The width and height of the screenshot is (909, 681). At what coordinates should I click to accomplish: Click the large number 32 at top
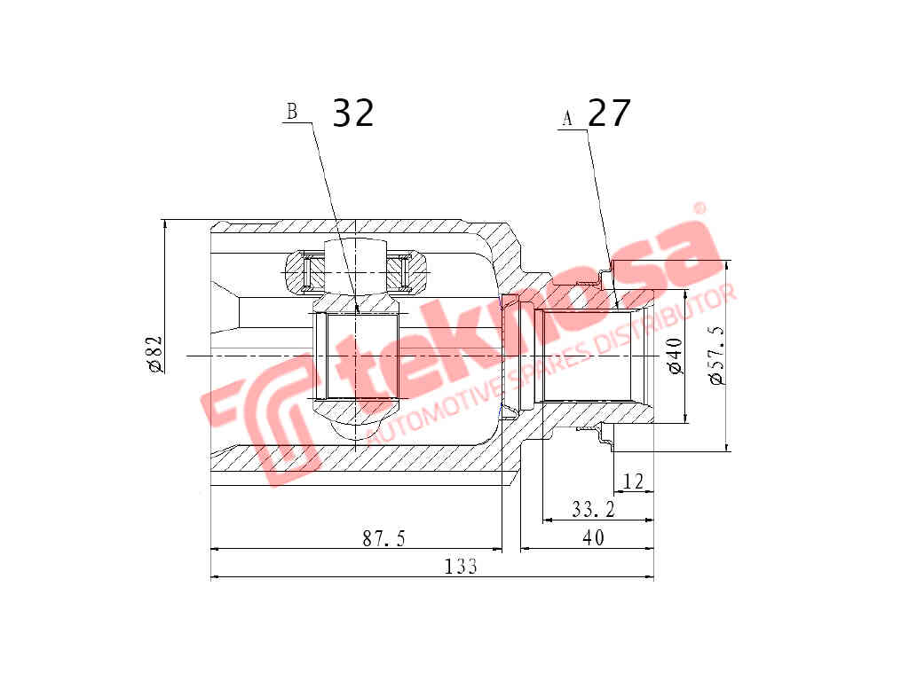click(353, 113)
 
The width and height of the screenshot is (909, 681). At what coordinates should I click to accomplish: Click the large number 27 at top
click(609, 113)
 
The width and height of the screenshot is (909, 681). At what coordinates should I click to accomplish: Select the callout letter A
click(567, 118)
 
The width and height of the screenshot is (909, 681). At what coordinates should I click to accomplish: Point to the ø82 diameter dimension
click(154, 354)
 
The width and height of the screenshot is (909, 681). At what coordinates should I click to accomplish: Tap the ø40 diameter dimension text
click(674, 355)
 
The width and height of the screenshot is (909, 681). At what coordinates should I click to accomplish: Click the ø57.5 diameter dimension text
click(717, 355)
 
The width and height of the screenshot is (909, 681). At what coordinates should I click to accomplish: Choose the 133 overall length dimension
click(462, 567)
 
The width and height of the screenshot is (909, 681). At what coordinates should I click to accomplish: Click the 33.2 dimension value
click(594, 510)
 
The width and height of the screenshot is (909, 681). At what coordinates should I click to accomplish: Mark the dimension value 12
click(633, 481)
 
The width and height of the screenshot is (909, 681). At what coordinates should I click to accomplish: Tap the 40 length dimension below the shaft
click(593, 538)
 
